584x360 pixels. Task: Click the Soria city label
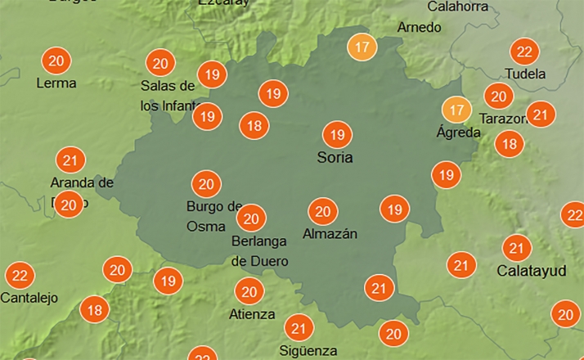point(335,157)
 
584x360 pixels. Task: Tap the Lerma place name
point(56,83)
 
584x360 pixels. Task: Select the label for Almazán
point(330,234)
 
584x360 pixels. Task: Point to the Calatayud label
point(531,270)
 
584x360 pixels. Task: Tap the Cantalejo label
point(29,298)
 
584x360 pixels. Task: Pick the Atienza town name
point(253,313)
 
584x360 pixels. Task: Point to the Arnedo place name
point(419,27)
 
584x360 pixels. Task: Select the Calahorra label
point(458,7)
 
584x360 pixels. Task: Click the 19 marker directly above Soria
point(335,133)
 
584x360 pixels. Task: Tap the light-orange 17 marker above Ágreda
point(456,109)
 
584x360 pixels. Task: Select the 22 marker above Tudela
point(524,52)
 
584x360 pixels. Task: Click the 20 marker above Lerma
point(56,61)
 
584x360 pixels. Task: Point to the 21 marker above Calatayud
point(516,247)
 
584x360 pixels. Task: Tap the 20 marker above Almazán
point(322,212)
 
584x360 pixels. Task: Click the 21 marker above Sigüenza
point(299,329)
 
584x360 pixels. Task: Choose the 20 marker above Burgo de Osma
point(206,184)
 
